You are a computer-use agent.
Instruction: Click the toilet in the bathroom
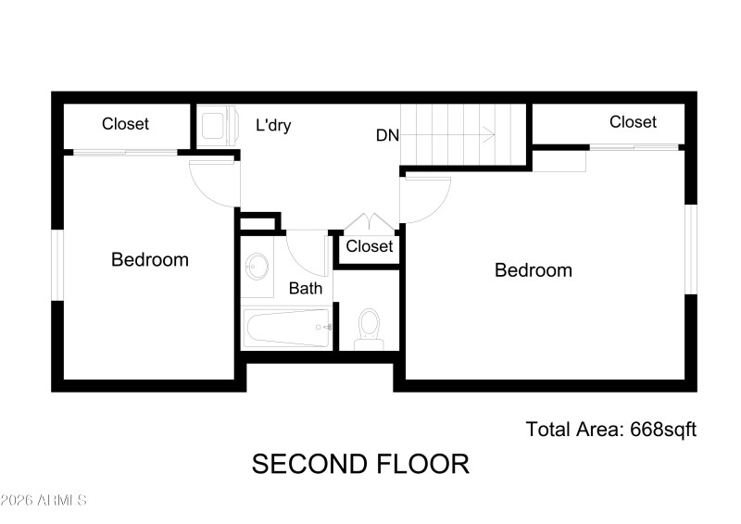pyautogui.click(x=369, y=326)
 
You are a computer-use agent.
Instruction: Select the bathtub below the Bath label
pyautogui.click(x=286, y=328)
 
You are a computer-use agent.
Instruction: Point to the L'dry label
pyautogui.click(x=273, y=125)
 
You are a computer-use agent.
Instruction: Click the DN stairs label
pyautogui.click(x=387, y=135)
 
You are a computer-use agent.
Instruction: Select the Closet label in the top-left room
pyautogui.click(x=125, y=124)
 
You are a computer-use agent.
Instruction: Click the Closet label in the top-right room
pyautogui.click(x=633, y=122)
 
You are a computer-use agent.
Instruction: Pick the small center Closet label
pyautogui.click(x=369, y=247)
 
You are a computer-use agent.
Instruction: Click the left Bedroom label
pyautogui.click(x=149, y=260)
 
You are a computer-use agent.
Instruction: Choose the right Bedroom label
pyautogui.click(x=533, y=271)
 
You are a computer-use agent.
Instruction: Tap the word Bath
pyautogui.click(x=306, y=289)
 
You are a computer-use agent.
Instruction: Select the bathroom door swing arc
pyautogui.click(x=306, y=252)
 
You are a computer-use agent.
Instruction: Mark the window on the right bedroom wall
pyautogui.click(x=689, y=249)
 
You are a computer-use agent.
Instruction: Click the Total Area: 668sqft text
pyautogui.click(x=610, y=430)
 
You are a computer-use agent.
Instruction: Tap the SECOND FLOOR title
pyautogui.click(x=360, y=464)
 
